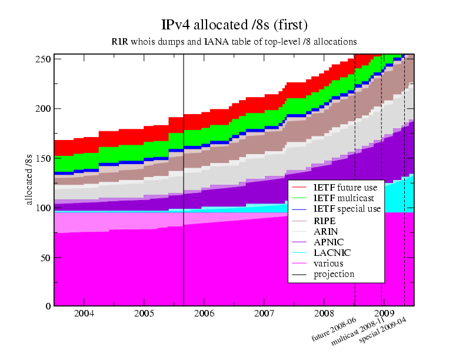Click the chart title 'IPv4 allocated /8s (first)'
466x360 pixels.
[x=234, y=25]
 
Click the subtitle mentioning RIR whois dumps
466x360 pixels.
[x=234, y=42]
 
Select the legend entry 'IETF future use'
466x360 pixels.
[x=337, y=186]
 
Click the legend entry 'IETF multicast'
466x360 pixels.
[x=337, y=198]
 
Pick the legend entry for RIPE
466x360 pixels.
[x=325, y=219]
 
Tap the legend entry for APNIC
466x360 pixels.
[x=328, y=242]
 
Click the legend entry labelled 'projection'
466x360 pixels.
[x=333, y=274]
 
